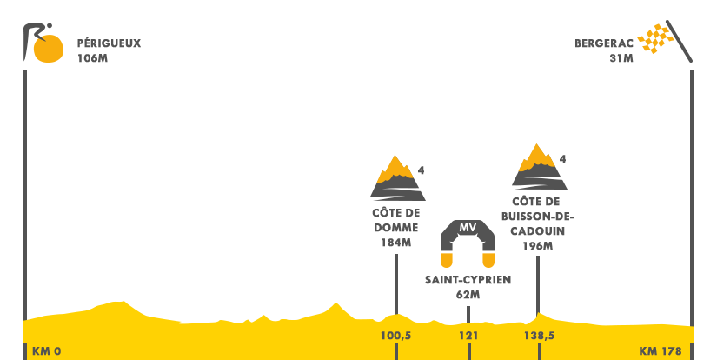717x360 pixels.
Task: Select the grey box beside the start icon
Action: point(109,50)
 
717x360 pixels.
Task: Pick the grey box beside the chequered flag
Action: point(604,50)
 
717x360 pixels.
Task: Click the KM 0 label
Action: point(47,351)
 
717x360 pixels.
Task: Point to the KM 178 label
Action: point(661,351)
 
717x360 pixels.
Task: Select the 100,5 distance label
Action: point(395,335)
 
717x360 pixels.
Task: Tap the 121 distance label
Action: point(468,335)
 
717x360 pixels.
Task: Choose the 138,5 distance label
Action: point(539,335)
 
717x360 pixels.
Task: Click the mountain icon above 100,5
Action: point(397,177)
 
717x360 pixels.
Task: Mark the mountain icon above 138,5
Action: point(539,166)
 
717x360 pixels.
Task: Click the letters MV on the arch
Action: point(468,228)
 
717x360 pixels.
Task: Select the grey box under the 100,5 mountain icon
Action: point(395,226)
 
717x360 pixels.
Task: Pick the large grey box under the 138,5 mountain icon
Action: point(538,223)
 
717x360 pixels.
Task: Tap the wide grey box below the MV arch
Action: point(468,287)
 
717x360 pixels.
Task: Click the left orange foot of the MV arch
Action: point(447,260)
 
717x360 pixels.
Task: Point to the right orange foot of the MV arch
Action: point(488,260)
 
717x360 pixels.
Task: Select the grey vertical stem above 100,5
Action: point(395,277)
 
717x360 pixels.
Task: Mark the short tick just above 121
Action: point(468,314)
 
